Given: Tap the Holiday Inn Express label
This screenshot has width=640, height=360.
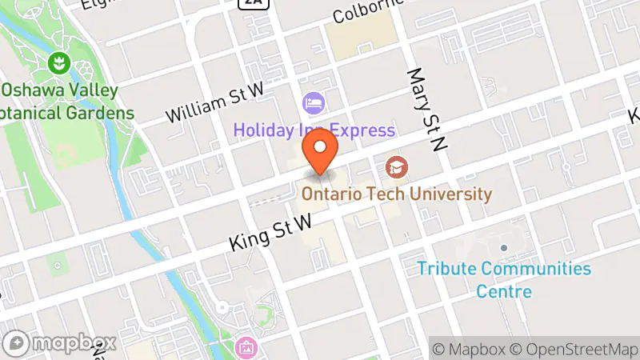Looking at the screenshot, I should (314, 130).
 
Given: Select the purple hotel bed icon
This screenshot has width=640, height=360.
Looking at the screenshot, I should (312, 102).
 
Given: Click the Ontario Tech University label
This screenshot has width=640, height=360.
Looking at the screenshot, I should (396, 194).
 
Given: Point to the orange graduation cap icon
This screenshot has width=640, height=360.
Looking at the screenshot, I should (394, 167).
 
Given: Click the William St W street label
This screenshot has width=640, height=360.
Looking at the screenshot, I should (214, 105).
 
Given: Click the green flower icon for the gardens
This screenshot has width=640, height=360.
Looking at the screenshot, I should (58, 62).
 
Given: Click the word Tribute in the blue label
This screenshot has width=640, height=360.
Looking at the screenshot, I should (445, 269).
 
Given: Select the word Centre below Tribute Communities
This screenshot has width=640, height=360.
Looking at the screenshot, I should (504, 290).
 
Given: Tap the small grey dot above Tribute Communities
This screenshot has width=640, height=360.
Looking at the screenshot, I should (504, 249).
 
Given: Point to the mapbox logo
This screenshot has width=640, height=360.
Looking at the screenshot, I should (62, 342).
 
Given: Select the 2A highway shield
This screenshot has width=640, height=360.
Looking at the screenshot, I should (253, 3).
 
